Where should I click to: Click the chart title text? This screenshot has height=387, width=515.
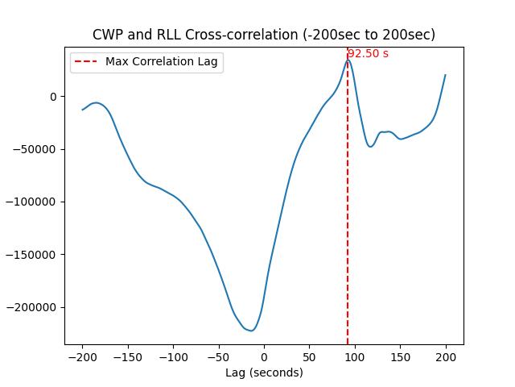coord(264,35)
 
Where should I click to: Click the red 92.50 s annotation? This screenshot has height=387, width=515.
coord(368,54)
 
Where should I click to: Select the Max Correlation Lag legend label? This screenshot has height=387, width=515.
coord(161,61)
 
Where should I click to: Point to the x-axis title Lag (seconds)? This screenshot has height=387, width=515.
coord(264,372)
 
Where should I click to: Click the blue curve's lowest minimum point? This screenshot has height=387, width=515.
coord(251,331)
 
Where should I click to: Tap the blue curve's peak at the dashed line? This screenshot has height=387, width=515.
coord(348,60)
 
